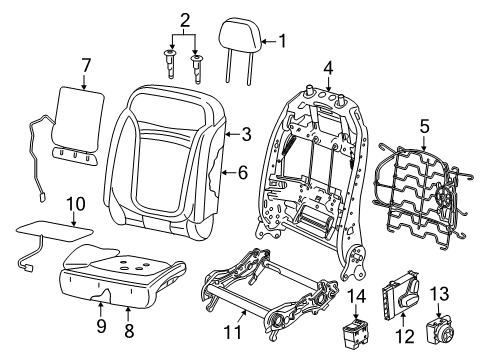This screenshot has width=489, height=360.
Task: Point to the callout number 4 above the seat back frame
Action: pyautogui.click(x=329, y=68)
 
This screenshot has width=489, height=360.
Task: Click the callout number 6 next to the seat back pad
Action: pyautogui.click(x=243, y=172)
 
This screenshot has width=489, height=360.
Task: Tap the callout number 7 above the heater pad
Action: pyautogui.click(x=86, y=65)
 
